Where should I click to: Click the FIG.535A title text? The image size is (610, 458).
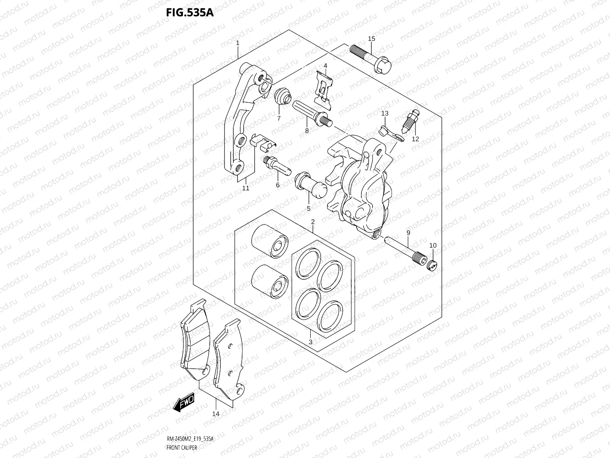pos(189,13)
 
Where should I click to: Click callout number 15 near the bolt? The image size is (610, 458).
pos(371,39)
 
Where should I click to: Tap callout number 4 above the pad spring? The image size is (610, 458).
pos(325,66)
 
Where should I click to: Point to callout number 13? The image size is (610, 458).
pos(385,113)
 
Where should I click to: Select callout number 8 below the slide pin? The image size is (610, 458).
pos(307,131)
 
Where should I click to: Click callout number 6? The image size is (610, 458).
pos(278,185)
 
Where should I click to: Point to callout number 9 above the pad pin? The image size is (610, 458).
pos(408,233)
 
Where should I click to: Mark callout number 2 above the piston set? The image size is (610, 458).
pos(313,222)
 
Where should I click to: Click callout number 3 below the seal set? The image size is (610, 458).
pos(311,342)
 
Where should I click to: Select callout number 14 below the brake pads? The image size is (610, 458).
pos(215,424)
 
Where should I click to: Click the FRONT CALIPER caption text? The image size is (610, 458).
pos(181,448)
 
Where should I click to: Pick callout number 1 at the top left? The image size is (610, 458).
pos(238,43)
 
